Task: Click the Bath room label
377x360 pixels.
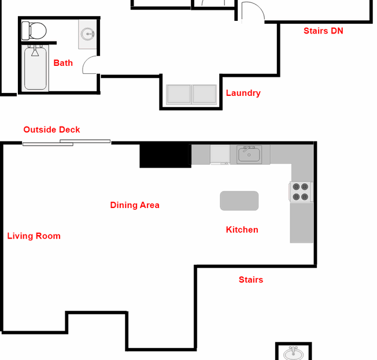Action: pos(63,63)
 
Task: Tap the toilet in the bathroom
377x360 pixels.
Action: pos(34,31)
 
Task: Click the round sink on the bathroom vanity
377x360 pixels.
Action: pos(88,34)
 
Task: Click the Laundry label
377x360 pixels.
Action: pos(243,93)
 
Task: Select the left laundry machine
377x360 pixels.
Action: pos(179,94)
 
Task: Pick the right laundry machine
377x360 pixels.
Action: pos(204,94)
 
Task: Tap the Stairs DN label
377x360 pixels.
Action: pos(323,31)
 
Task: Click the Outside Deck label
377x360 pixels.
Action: pos(51,130)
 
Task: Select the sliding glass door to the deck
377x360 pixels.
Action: pos(66,143)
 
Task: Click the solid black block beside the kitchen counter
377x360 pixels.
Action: pos(165,155)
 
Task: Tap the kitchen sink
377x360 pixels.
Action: pos(249,154)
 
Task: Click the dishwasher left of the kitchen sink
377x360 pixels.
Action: pos(220,154)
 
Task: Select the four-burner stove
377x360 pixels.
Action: pos(301,191)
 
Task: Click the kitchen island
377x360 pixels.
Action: pos(239,201)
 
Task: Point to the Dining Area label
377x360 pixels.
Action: pos(135,205)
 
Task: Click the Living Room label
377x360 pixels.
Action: pos(34,236)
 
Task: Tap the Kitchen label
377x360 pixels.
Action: pos(242,230)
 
